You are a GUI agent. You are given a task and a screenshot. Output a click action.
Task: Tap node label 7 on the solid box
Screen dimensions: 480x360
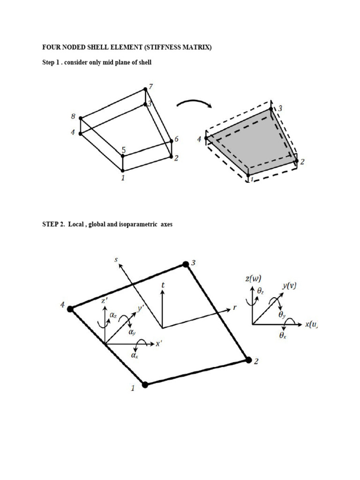151,87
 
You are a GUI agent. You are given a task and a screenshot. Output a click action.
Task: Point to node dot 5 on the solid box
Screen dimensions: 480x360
123,156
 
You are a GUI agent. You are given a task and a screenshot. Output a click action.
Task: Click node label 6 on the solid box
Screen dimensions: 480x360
176,139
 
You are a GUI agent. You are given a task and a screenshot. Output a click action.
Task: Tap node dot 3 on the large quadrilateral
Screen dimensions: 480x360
186,264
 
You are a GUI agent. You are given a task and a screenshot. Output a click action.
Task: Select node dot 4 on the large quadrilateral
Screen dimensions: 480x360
70,309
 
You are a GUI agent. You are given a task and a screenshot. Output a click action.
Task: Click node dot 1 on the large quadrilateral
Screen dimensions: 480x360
145,384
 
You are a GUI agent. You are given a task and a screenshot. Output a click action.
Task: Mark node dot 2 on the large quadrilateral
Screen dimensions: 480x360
248,360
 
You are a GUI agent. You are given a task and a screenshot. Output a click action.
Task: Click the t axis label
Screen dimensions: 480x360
163,285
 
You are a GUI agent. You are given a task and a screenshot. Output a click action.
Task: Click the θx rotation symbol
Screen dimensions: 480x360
283,336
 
